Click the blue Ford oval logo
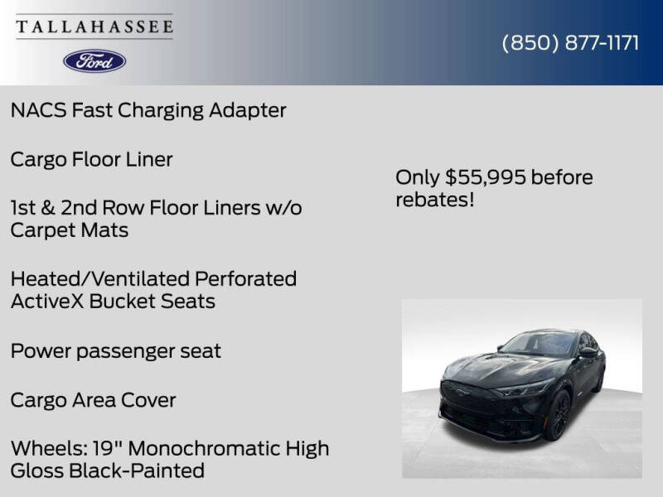tap(94, 60)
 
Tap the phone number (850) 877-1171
tap(570, 43)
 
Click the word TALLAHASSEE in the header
tap(94, 27)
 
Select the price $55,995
tap(485, 177)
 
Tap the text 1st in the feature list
tap(24, 207)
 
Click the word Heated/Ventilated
tap(99, 279)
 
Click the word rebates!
tap(434, 200)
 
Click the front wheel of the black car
tap(558, 414)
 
